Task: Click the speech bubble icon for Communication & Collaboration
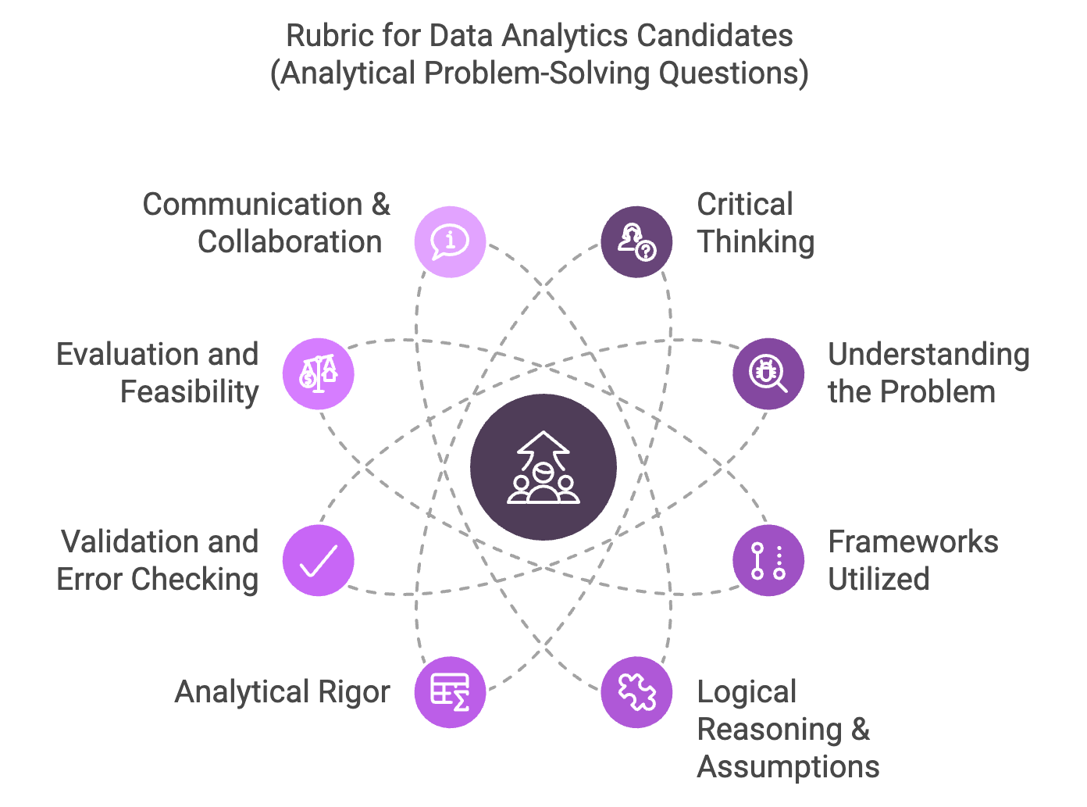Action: coord(450,241)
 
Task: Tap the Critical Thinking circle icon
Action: coord(636,241)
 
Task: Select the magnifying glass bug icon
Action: coord(768,373)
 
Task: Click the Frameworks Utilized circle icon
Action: coord(768,561)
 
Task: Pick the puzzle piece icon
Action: coord(636,692)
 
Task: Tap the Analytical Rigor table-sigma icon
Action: coord(450,692)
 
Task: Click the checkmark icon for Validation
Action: coord(319,561)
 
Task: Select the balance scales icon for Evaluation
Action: coord(319,373)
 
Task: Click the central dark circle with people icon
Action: coord(543,466)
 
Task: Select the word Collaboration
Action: coord(290,242)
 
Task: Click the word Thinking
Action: coord(756,242)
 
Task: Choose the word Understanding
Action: coord(928,355)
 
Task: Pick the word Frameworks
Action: coord(913,542)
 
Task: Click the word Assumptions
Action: coord(788,767)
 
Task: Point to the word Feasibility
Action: coord(189,392)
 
